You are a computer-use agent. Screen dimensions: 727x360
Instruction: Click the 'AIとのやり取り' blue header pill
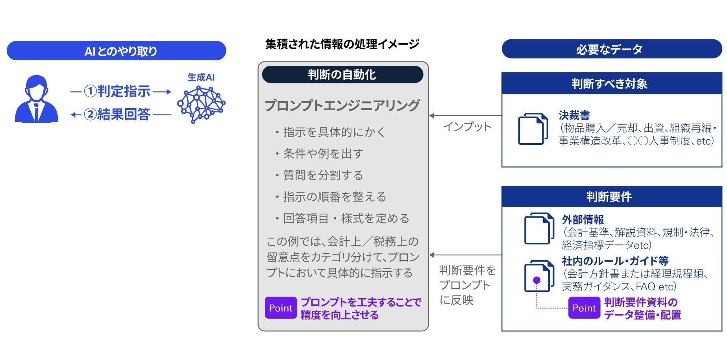[x=117, y=51]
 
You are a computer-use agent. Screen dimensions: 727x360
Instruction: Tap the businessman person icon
[x=36, y=99]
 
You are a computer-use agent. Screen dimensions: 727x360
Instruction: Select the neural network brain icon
[x=201, y=104]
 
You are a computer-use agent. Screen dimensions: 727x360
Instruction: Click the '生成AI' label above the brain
[x=201, y=77]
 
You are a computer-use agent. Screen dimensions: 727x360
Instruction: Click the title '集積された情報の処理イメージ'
[x=342, y=44]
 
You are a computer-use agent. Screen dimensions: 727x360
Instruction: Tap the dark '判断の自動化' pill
[x=342, y=74]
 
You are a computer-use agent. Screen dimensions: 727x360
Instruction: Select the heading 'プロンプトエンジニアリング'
[x=342, y=105]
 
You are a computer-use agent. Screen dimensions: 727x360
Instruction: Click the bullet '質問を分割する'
[x=323, y=175]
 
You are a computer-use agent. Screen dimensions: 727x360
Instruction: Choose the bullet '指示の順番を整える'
[x=335, y=197]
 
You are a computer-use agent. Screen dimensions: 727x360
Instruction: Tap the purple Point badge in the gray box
[x=281, y=308]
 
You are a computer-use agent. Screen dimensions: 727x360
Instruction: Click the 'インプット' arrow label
[x=467, y=127]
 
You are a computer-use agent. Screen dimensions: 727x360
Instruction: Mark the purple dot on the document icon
[x=536, y=280]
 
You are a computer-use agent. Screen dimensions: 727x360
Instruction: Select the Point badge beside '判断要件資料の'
[x=584, y=308]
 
